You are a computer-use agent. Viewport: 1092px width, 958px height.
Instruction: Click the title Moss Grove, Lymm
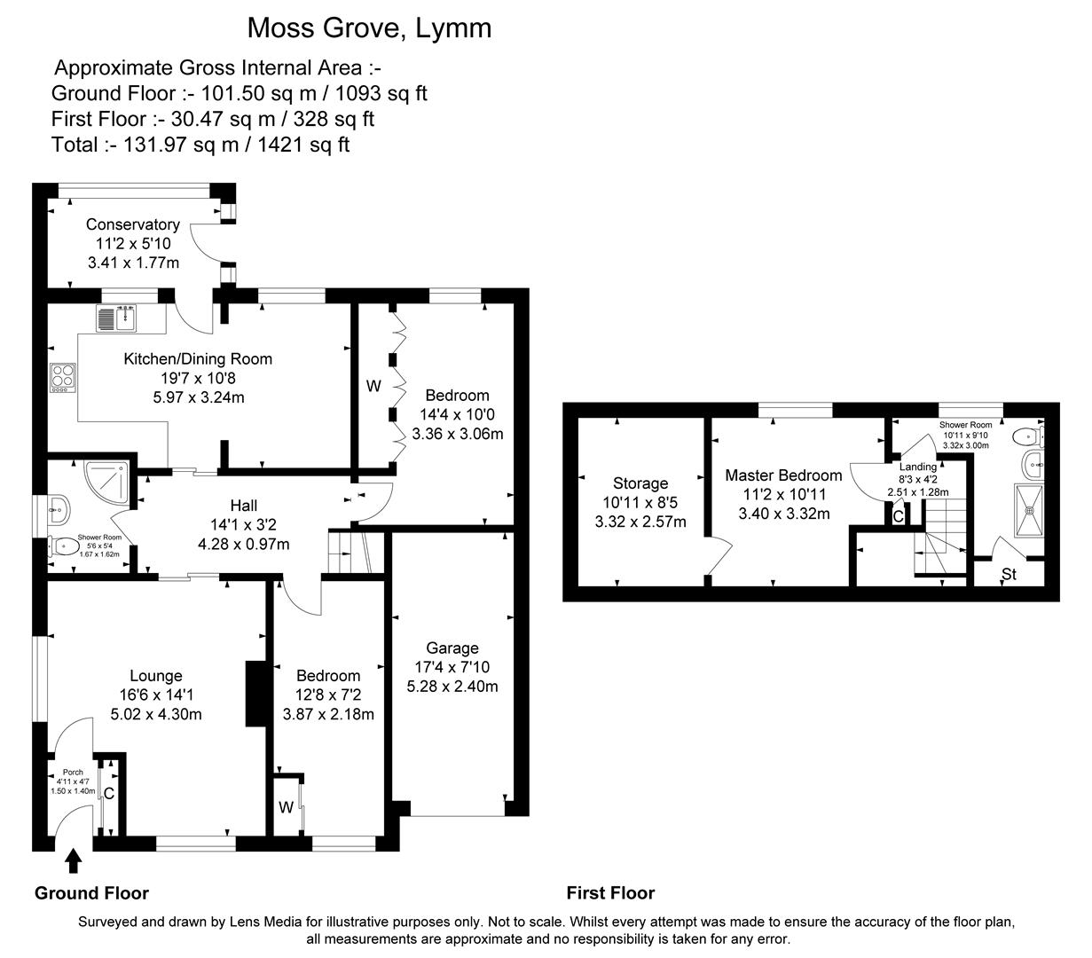click(368, 28)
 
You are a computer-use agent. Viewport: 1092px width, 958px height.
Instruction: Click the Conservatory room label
click(133, 225)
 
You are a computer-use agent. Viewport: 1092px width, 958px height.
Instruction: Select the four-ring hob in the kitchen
click(63, 378)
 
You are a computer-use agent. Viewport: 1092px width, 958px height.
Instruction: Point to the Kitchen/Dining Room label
click(197, 359)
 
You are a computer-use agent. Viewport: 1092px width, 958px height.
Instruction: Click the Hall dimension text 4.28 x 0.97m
click(243, 545)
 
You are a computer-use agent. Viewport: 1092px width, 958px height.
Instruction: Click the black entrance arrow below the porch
click(74, 861)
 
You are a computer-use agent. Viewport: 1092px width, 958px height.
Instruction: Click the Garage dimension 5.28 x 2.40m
click(452, 686)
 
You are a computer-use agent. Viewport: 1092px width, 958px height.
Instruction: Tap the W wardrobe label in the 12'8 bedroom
click(286, 807)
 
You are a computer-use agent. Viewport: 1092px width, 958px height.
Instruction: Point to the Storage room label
click(640, 483)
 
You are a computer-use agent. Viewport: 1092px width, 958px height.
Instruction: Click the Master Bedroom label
click(783, 475)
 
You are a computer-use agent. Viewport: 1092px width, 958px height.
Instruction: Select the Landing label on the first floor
click(917, 467)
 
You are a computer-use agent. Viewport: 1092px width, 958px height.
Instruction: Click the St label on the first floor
click(1009, 575)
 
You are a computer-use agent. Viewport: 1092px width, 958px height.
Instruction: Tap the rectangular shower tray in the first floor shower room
click(1030, 512)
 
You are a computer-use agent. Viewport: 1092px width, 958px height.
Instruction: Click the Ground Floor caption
click(91, 893)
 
